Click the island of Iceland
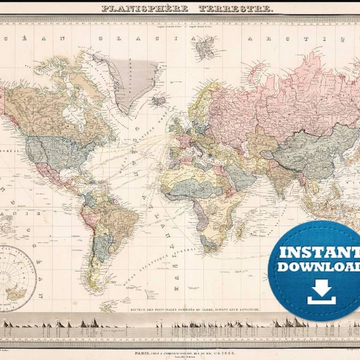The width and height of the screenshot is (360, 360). (x=158, y=101)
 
